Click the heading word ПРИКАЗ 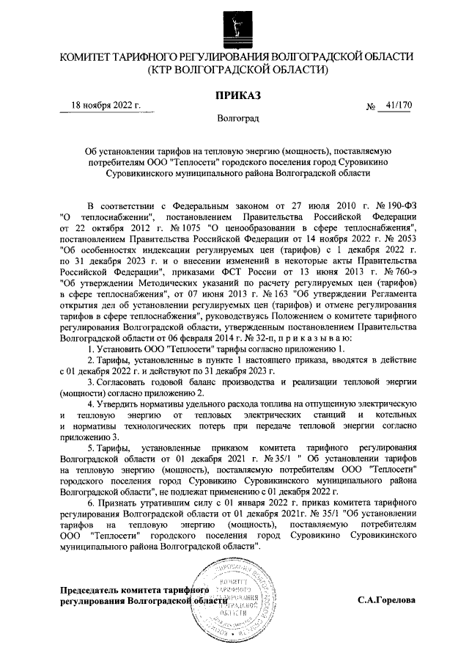click(x=237, y=95)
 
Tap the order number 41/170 click(x=399, y=106)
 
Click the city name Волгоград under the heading click(x=237, y=118)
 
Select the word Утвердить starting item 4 click(x=119, y=404)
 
